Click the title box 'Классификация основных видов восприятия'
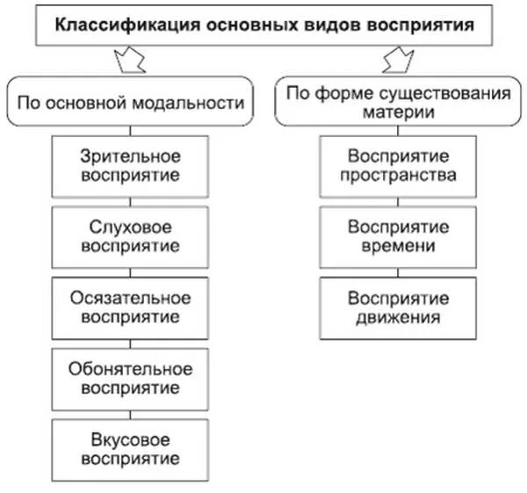[x=264, y=25]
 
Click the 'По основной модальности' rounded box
[x=130, y=103]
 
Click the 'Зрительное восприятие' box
[x=130, y=165]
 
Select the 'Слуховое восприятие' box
[x=130, y=236]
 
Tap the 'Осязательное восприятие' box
[x=130, y=308]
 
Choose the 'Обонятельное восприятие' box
[x=130, y=378]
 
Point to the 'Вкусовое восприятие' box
[x=130, y=448]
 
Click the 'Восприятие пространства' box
[x=399, y=165]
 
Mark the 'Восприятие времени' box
[x=399, y=236]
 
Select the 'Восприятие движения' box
[x=399, y=308]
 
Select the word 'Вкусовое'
[x=130, y=439]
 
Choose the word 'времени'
[x=399, y=246]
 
